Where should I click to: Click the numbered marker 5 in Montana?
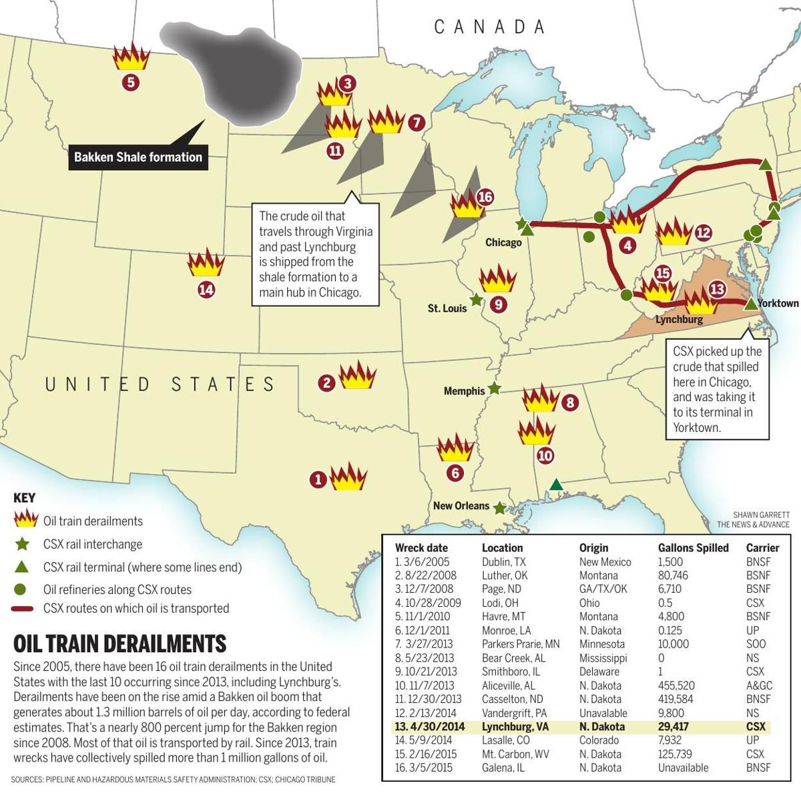click(130, 83)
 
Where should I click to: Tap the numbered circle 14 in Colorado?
click(206, 290)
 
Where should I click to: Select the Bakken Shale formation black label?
click(138, 158)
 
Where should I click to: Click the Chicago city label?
click(503, 242)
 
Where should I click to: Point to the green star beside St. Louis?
click(476, 300)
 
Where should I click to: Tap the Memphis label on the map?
click(464, 391)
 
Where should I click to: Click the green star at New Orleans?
click(499, 508)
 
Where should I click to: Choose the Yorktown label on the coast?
click(778, 304)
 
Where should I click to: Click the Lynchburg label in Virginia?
click(679, 319)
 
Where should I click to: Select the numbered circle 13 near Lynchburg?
click(716, 289)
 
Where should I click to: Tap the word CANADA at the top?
click(490, 27)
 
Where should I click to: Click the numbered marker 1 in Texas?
click(318, 479)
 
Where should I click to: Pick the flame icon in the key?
click(25, 520)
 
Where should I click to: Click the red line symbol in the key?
click(25, 609)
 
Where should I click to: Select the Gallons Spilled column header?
click(693, 548)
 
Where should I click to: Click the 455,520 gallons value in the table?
click(676, 686)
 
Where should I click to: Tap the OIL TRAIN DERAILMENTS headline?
click(120, 643)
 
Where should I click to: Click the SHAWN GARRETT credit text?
click(761, 515)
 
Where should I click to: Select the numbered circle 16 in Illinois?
click(485, 198)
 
